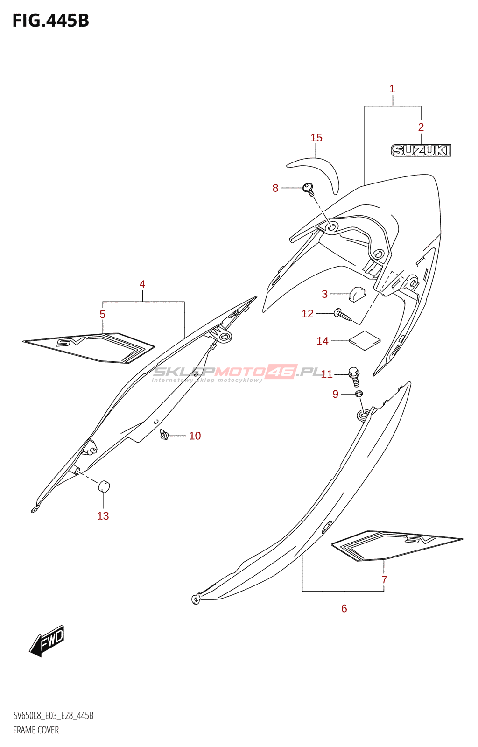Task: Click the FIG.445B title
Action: (50, 21)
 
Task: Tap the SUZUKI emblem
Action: (421, 150)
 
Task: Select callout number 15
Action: (316, 138)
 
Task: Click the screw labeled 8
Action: (308, 189)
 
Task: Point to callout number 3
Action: (324, 294)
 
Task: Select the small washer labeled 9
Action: (358, 395)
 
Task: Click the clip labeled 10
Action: (164, 435)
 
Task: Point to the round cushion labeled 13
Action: (104, 486)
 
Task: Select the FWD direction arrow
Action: (47, 641)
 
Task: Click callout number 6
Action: (344, 608)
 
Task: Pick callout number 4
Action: (142, 284)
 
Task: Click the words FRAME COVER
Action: (36, 730)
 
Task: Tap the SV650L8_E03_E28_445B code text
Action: (53, 716)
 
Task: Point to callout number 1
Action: (392, 89)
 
